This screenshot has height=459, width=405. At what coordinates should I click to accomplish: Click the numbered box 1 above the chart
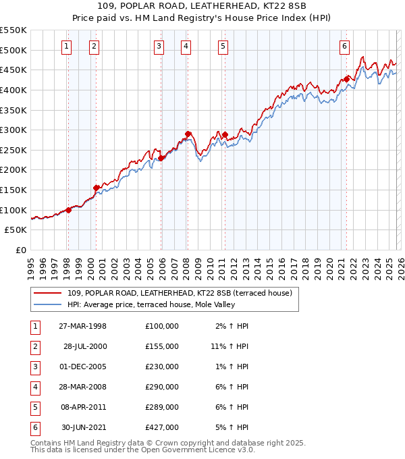(67, 47)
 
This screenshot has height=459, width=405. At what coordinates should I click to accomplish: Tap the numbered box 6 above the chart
(344, 47)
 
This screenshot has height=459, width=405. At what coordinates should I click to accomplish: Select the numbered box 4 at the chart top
(186, 47)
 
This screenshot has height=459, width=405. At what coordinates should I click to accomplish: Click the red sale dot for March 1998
(68, 210)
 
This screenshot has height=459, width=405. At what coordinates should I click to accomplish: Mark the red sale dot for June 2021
(346, 79)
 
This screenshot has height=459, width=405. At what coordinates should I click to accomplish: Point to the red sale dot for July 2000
(96, 188)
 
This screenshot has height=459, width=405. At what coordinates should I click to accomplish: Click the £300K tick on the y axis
(13, 130)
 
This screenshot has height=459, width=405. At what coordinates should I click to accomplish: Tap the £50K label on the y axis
(16, 230)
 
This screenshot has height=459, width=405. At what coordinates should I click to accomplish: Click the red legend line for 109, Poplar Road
(49, 294)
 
